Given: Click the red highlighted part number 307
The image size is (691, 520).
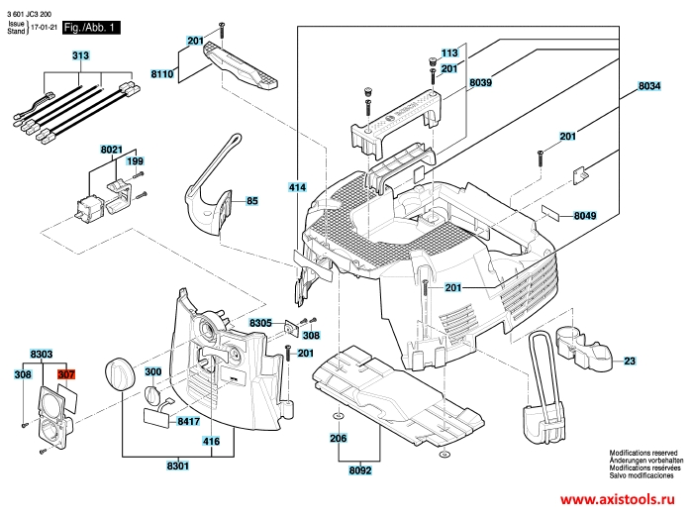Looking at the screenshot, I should pyautogui.click(x=66, y=375).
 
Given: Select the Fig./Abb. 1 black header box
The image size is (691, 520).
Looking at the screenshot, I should pyautogui.click(x=91, y=30).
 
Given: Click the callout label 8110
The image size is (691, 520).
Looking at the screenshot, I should pyautogui.click(x=162, y=74).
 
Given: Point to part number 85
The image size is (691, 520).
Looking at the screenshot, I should pyautogui.click(x=252, y=201).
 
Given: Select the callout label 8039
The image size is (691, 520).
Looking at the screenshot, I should pyautogui.click(x=481, y=83).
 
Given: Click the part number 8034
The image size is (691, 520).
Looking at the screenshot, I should pyautogui.click(x=649, y=87).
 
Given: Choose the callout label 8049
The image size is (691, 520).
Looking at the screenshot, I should pyautogui.click(x=585, y=216).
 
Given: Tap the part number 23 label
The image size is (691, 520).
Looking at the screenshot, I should pyautogui.click(x=630, y=362).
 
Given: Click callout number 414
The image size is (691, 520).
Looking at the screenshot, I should pyautogui.click(x=297, y=187).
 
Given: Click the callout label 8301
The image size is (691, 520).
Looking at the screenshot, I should pyautogui.click(x=179, y=465).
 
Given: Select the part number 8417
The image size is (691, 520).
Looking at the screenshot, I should pyautogui.click(x=189, y=422).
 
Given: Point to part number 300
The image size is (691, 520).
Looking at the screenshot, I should pyautogui.click(x=153, y=372).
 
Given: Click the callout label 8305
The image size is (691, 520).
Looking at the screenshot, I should pyautogui.click(x=260, y=324).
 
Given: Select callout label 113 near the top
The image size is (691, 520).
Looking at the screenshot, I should pyautogui.click(x=449, y=52).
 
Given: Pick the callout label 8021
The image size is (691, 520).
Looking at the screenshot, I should pyautogui.click(x=111, y=149).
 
